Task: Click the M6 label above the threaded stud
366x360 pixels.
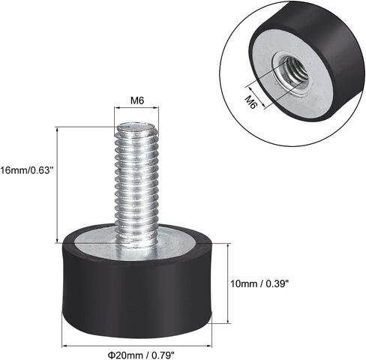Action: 137,100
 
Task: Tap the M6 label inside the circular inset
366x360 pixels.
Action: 250,103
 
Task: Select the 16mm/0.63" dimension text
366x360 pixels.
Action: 27,171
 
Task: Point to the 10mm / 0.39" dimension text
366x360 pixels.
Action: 259,283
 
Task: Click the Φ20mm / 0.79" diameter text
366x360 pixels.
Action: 141,355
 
